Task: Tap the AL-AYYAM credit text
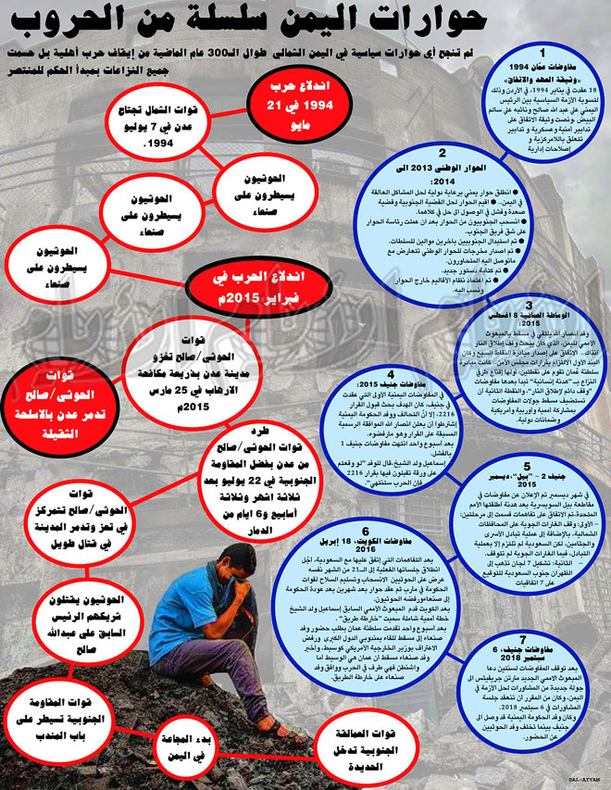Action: pos(575,782)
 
